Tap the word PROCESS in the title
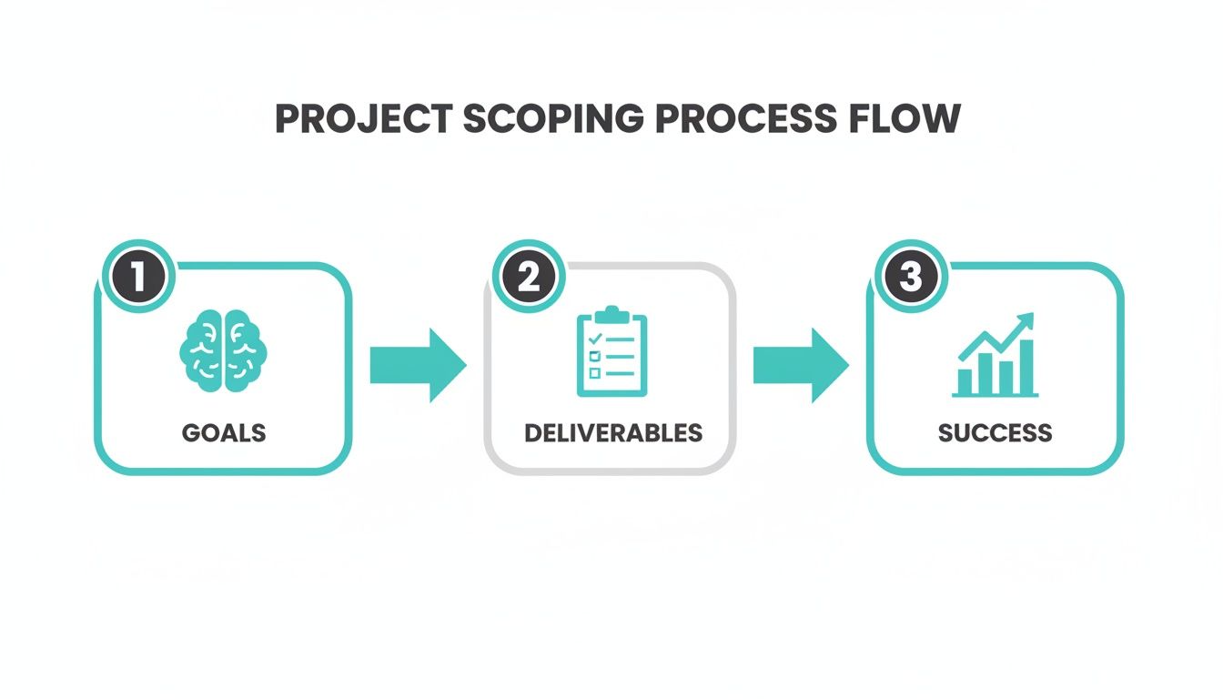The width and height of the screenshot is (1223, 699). (715, 120)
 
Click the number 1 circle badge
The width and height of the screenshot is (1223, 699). (138, 277)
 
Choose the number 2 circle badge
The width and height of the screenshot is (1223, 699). (528, 277)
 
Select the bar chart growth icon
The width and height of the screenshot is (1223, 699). (995, 356)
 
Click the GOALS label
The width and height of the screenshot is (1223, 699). (224, 431)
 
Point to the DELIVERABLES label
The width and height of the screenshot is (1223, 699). (613, 431)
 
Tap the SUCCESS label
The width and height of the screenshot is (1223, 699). (995, 431)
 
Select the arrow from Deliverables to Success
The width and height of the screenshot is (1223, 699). (801, 365)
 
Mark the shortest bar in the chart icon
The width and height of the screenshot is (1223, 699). (965, 380)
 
